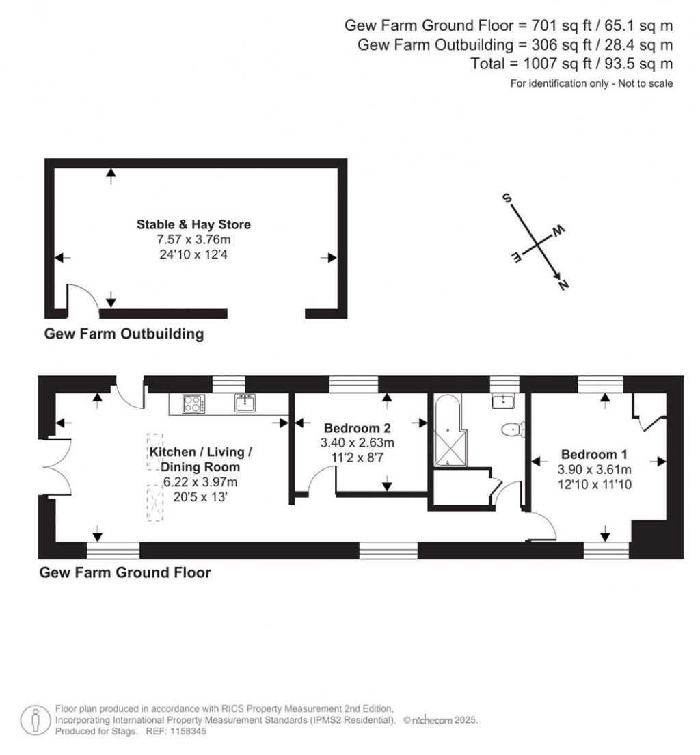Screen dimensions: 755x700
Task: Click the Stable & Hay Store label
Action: click(193, 224)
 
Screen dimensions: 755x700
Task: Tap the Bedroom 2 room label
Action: click(358, 429)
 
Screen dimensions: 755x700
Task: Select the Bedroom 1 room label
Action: click(594, 454)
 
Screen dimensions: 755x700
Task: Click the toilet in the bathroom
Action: click(511, 429)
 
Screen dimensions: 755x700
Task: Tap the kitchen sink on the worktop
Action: click(245, 404)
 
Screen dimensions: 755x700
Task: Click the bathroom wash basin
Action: click(502, 401)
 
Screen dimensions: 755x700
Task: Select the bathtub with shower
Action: click(446, 431)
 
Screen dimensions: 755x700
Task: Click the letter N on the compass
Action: click(564, 286)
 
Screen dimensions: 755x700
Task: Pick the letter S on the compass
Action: click(507, 199)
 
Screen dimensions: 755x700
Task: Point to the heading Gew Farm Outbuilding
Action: click(124, 334)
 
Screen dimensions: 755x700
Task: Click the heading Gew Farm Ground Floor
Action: click(125, 572)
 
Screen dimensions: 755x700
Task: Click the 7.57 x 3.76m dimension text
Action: click(193, 239)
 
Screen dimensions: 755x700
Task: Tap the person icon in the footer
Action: click(35, 719)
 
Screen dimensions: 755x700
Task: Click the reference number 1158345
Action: click(185, 731)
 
